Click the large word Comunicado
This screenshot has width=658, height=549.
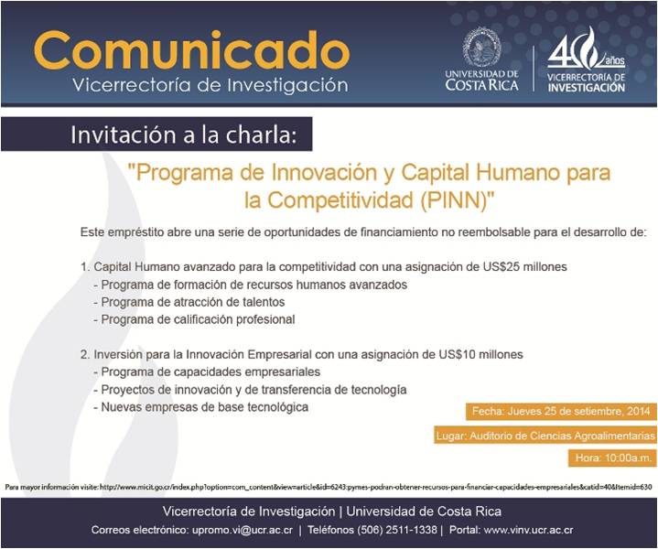click(x=191, y=50)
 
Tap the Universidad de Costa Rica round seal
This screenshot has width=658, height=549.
click(x=481, y=47)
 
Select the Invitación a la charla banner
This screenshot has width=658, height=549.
click(x=156, y=134)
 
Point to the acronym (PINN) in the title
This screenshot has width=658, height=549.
click(x=458, y=200)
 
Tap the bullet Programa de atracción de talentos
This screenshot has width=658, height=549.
click(x=189, y=302)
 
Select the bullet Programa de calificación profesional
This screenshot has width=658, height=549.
click(x=194, y=319)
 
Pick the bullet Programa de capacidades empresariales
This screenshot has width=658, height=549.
click(x=207, y=371)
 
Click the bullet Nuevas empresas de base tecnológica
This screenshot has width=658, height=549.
click(x=201, y=406)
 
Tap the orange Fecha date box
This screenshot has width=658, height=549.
click(x=561, y=412)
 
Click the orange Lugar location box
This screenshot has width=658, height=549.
click(x=545, y=436)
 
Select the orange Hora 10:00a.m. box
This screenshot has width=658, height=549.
click(x=612, y=457)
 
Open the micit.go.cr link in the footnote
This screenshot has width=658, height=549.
click(x=375, y=488)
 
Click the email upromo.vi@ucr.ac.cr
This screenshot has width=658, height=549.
click(x=243, y=530)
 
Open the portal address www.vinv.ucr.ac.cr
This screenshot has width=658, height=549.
click(x=528, y=530)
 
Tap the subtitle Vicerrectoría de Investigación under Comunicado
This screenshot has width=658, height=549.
click(x=210, y=85)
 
